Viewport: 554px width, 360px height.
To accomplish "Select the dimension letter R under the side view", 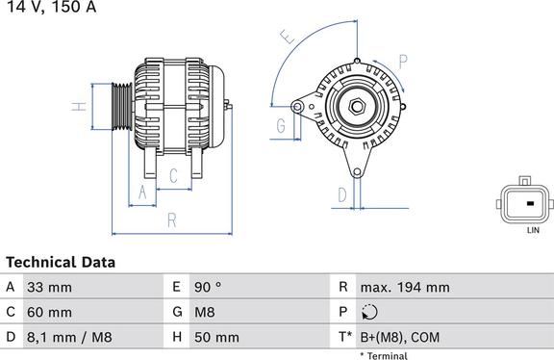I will (171, 220).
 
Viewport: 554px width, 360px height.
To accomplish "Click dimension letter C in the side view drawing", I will (172, 175).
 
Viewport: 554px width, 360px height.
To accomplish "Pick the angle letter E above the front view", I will (285, 39).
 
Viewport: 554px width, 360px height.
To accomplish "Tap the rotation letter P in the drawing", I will (402, 60).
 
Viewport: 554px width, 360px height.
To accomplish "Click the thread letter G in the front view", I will (281, 125).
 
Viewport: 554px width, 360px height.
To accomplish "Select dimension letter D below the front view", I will (342, 195).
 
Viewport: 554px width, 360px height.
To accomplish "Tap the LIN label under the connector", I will (531, 231).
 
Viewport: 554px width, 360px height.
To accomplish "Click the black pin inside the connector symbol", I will (529, 204).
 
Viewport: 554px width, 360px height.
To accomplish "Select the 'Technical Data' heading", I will (61, 262).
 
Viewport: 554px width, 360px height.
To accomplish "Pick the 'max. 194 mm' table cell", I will (405, 287).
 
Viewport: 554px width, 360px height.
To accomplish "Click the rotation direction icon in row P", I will (370, 312).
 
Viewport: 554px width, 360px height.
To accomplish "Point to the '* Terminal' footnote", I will (383, 355).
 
